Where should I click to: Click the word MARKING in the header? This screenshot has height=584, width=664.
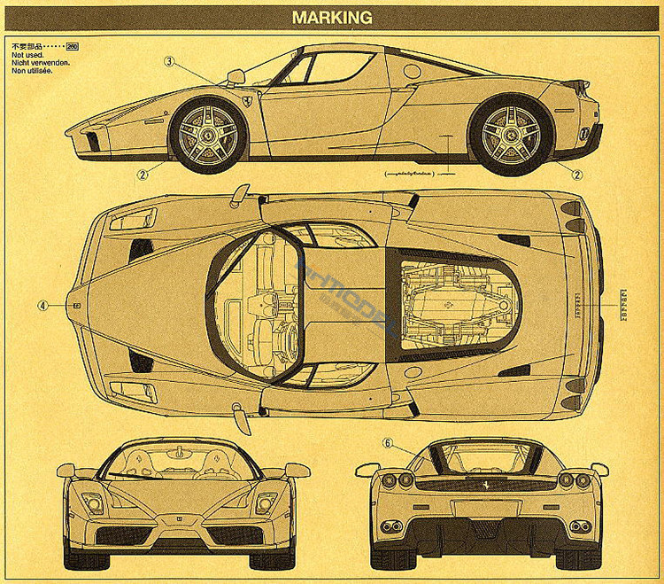tap(332, 17)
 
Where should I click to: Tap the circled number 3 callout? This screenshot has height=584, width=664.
tap(170, 62)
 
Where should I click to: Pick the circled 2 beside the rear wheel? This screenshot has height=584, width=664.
tap(577, 175)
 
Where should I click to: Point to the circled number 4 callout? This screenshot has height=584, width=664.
tap(42, 305)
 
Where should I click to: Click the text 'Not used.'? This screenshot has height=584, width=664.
tap(29, 54)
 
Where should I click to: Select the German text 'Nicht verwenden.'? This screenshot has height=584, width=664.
tap(40, 62)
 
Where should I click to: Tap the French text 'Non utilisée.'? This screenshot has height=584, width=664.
tap(33, 71)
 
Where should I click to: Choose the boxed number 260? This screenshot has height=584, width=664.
tap(73, 45)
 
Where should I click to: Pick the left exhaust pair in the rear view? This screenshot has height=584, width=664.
tap(391, 527)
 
